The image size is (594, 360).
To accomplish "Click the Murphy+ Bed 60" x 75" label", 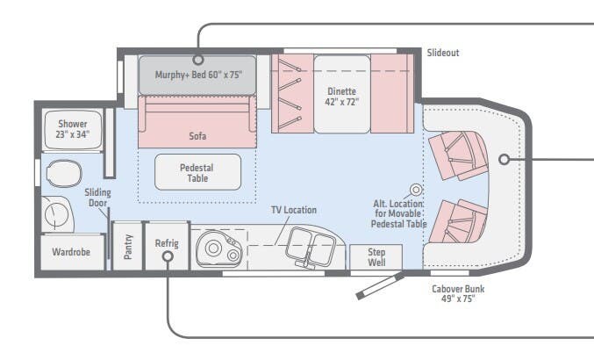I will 198,75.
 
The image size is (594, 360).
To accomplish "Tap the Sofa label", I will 197,136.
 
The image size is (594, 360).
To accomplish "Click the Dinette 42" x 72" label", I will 343,96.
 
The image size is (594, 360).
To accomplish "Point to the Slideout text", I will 443,53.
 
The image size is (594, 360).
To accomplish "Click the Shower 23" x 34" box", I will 67,130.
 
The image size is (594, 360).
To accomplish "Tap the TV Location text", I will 293,210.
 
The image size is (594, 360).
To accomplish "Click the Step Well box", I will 376,256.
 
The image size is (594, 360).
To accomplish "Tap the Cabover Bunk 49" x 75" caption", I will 457,293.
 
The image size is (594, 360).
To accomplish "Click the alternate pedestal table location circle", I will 417,190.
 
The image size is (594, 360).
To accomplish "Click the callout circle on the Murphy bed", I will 198,61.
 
